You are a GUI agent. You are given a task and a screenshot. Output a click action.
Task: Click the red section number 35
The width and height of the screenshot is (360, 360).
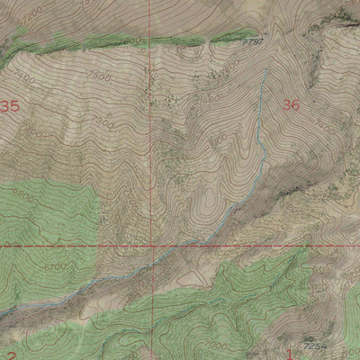pyautogui.click(x=10, y=106)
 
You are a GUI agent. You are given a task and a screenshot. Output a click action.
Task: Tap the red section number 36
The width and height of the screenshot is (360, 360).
pyautogui.click(x=291, y=105)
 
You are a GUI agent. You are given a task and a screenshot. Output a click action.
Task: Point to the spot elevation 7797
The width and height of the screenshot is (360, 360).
pyautogui.click(x=256, y=41)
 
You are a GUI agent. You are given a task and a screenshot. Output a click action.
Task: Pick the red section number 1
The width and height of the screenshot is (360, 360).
pyautogui.click(x=290, y=353)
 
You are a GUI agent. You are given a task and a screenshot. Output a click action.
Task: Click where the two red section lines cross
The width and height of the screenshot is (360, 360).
pyautogui.click(x=152, y=245)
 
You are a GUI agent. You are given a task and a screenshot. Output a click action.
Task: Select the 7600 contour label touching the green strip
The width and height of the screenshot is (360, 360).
pyautogui.click(x=129, y=42)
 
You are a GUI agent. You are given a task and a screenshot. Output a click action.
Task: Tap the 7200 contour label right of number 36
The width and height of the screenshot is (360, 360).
pyautogui.click(x=325, y=130)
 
